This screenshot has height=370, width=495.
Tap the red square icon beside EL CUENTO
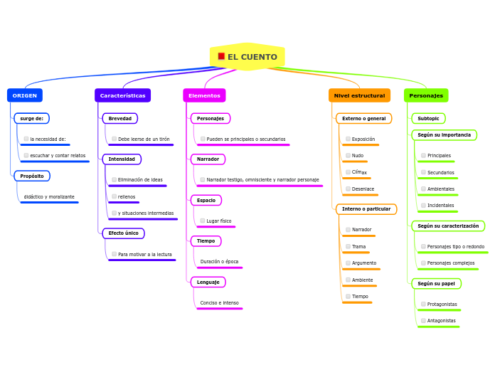tap(221, 56)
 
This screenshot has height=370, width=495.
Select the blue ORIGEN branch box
tap(25, 95)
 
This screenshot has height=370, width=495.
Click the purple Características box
tap(122, 95)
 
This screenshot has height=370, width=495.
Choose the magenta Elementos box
tap(204, 95)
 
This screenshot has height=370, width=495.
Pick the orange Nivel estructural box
tap(359, 95)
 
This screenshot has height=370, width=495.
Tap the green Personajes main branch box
tap(426, 95)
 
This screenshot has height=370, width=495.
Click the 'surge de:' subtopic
tap(31, 118)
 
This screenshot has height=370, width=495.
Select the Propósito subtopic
tap(32, 176)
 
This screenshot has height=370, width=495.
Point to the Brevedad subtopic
tap(119, 118)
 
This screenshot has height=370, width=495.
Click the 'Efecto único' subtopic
tap(123, 233)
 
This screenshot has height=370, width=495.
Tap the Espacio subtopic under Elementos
tap(206, 201)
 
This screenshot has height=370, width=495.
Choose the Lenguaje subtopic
tap(208, 282)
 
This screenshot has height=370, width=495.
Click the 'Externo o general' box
tap(363, 118)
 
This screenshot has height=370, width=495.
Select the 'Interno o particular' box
tap(366, 209)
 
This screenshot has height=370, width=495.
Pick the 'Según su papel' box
tap(436, 283)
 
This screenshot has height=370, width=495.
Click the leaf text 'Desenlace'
tap(363, 189)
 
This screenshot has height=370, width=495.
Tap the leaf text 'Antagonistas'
tap(441, 321)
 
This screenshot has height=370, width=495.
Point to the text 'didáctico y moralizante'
tap(49, 196)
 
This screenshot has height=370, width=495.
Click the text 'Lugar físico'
tap(219, 221)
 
